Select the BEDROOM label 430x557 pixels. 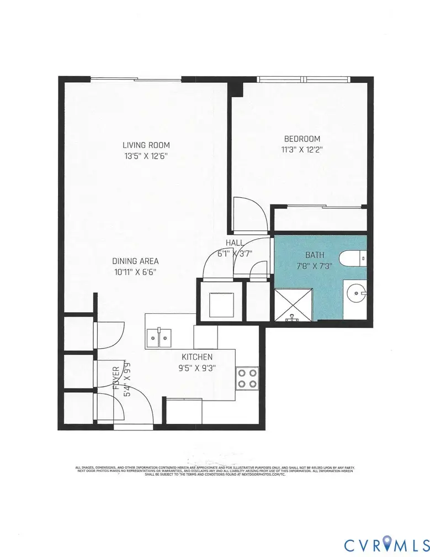[x=302, y=139]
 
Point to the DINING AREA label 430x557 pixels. [x=136, y=261]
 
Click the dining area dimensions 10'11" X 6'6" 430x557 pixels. [x=135, y=272]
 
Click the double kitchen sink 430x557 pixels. [x=159, y=337]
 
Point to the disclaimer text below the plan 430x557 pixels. [x=215, y=470]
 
